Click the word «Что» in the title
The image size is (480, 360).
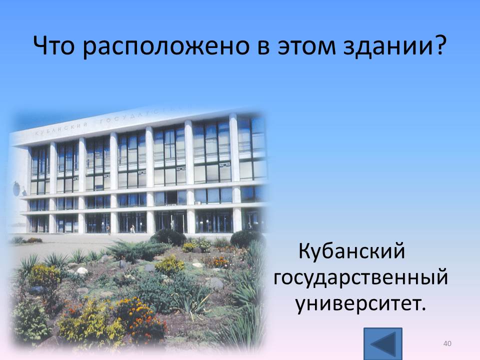coord(53,45)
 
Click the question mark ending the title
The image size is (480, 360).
coord(439,45)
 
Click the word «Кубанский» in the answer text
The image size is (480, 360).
coord(351,250)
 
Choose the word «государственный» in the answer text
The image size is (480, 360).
coord(360,278)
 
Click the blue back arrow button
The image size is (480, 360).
coord(383,343)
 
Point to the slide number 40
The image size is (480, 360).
coord(447,343)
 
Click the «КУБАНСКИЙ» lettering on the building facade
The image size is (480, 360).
coord(60,129)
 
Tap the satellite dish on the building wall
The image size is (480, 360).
coord(16,188)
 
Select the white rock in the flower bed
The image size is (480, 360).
coord(82,271)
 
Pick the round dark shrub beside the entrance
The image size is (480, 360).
coord(168,237)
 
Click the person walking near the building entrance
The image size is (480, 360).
coord(132,229)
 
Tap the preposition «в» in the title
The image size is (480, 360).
coord(263,48)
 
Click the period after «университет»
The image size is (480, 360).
coord(423,308)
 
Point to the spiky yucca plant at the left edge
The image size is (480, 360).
coord(29,264)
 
